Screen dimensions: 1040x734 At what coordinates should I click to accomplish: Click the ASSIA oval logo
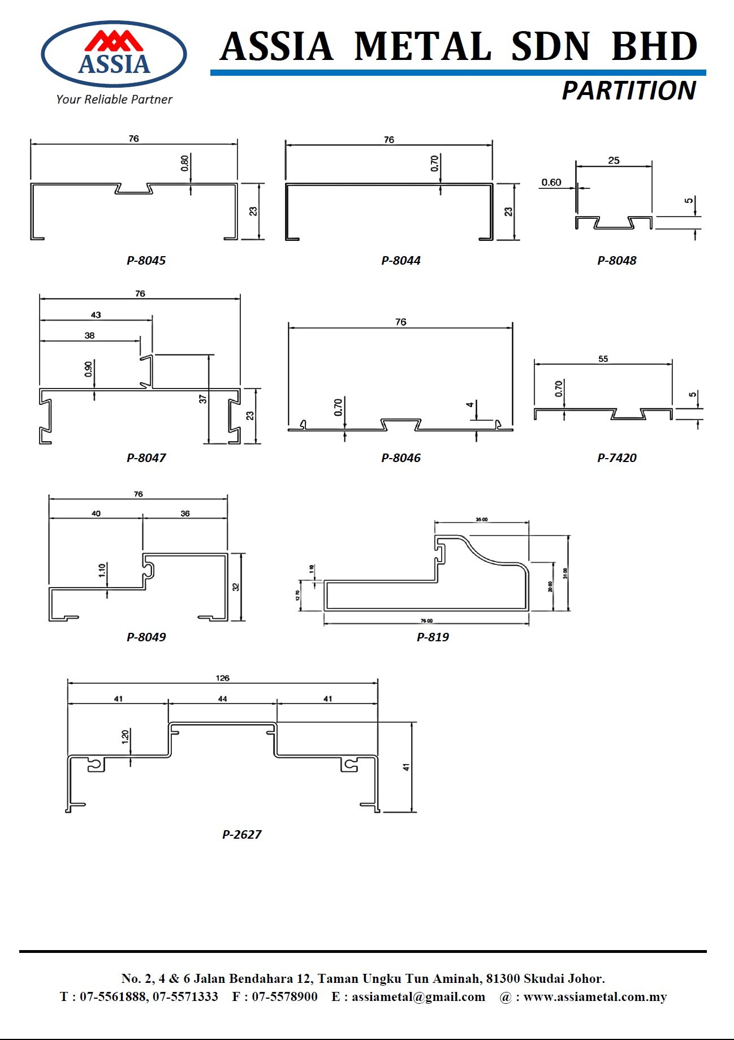tap(114, 54)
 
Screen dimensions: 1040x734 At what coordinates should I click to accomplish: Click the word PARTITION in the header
tap(628, 91)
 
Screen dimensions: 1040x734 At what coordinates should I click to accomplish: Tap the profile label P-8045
tap(146, 261)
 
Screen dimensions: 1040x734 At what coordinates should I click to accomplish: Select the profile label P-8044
tap(400, 261)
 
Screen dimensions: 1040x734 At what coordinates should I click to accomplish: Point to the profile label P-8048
tap(616, 261)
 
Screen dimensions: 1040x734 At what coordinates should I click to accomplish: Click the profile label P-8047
tap(146, 458)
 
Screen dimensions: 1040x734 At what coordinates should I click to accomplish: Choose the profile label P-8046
tap(400, 458)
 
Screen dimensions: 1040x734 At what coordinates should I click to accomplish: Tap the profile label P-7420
tap(616, 458)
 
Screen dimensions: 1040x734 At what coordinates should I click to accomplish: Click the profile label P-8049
tap(146, 637)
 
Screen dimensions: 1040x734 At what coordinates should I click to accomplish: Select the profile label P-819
tap(433, 637)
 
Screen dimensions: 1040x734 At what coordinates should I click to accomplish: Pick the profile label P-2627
tap(241, 835)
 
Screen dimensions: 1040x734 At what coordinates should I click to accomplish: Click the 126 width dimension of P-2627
tap(222, 678)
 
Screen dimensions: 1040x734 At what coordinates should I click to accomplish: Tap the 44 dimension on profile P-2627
tap(222, 699)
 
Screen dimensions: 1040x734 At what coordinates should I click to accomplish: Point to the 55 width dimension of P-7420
tap(603, 359)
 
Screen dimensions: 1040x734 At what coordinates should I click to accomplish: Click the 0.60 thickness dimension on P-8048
tap(551, 183)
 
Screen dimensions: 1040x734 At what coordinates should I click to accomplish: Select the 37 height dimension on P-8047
tap(203, 399)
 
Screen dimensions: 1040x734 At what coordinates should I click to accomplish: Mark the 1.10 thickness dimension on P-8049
tap(102, 570)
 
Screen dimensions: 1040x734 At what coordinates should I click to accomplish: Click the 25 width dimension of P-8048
tap(614, 161)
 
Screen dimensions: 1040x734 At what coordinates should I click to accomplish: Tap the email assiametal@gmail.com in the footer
tap(418, 997)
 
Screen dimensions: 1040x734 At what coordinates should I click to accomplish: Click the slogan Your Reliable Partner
tap(114, 100)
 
